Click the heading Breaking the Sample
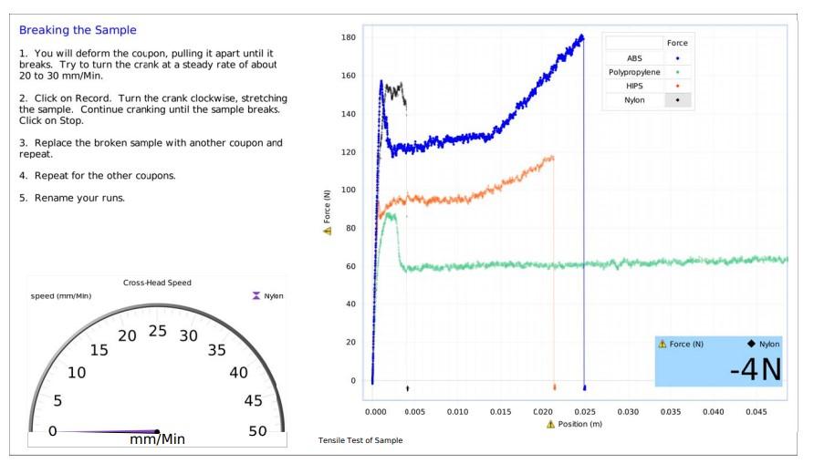click(x=78, y=30)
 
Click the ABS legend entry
click(x=634, y=57)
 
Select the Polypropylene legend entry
click(x=634, y=72)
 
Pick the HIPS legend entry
click(x=634, y=86)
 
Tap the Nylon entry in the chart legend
click(x=634, y=100)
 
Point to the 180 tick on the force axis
click(x=348, y=37)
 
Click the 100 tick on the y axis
click(x=348, y=190)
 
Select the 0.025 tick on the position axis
click(x=584, y=412)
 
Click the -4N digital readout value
click(x=755, y=369)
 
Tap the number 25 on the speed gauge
click(x=158, y=330)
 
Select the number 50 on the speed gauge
click(x=258, y=431)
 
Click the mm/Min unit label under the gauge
click(x=157, y=440)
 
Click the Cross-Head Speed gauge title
click(x=157, y=283)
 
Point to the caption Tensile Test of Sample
click(x=360, y=441)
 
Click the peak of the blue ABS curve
click(x=581, y=36)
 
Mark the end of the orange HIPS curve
click(x=552, y=158)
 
